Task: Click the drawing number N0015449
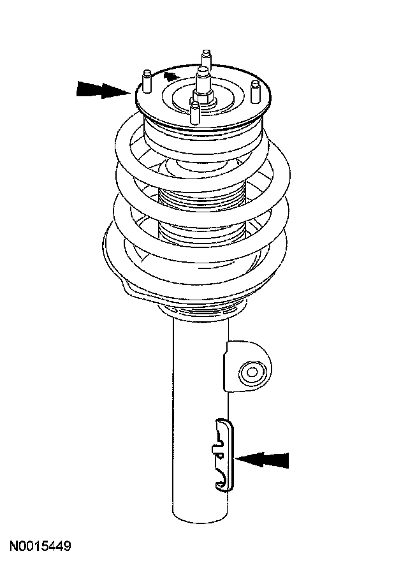(40, 546)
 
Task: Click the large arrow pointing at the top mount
(102, 89)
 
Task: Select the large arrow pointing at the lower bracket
(263, 459)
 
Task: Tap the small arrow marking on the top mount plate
(169, 77)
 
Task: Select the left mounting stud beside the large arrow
(146, 80)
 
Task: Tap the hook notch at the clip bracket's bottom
(221, 481)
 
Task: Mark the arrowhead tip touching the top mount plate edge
(130, 91)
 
